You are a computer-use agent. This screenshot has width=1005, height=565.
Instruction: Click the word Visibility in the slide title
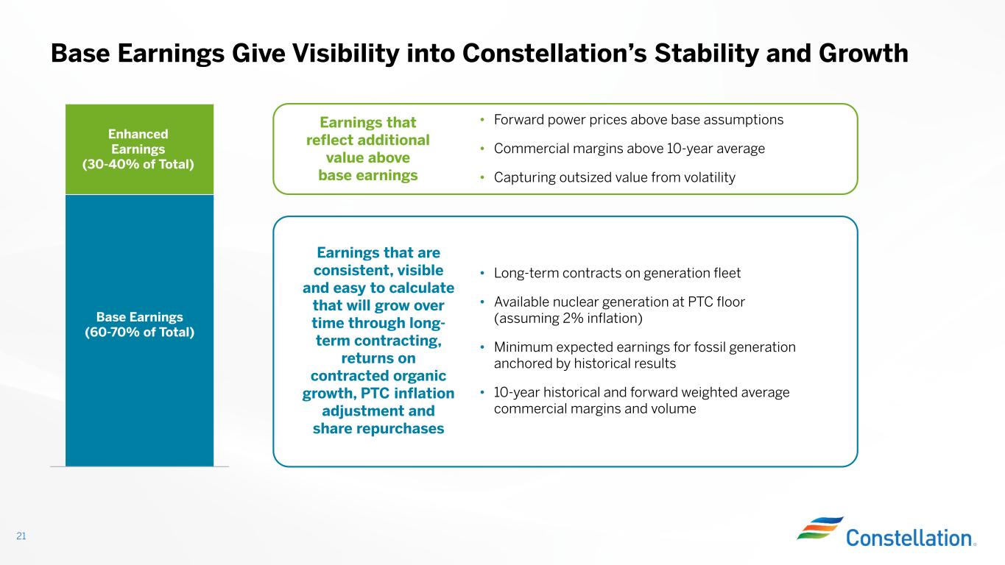coord(345,54)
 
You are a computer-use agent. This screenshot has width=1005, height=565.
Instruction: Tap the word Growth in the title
coord(863,54)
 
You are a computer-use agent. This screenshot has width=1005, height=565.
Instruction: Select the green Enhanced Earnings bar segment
coord(140,149)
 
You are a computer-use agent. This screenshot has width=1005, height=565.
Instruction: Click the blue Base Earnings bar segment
coord(140,330)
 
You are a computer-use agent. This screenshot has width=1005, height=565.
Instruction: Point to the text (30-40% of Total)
coord(138,164)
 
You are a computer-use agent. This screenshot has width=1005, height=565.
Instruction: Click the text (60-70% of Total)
coord(140,332)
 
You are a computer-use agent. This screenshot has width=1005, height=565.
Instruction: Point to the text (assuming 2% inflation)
coord(568,319)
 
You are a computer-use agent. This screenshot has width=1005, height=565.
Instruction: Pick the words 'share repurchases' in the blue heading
coord(378,429)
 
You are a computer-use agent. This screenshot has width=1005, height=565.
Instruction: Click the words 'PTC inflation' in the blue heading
coord(407,394)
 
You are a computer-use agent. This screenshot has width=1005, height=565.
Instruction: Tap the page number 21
coord(21,536)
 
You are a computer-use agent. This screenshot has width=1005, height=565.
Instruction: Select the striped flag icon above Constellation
coord(820,527)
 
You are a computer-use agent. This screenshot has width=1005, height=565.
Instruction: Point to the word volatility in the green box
coord(709,177)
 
